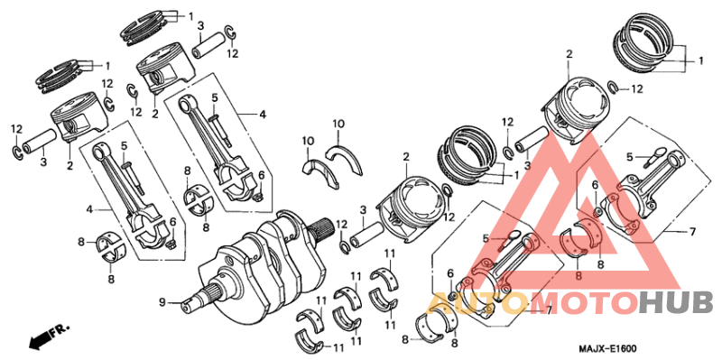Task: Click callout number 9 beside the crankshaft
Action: (163, 301)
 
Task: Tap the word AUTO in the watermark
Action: (463, 302)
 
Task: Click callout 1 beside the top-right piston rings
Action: (700, 61)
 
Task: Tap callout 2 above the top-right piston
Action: (569, 55)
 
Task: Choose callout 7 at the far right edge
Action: (692, 232)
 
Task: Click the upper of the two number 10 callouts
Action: (338, 124)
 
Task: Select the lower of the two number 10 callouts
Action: (308, 141)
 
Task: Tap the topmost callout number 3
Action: (199, 26)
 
